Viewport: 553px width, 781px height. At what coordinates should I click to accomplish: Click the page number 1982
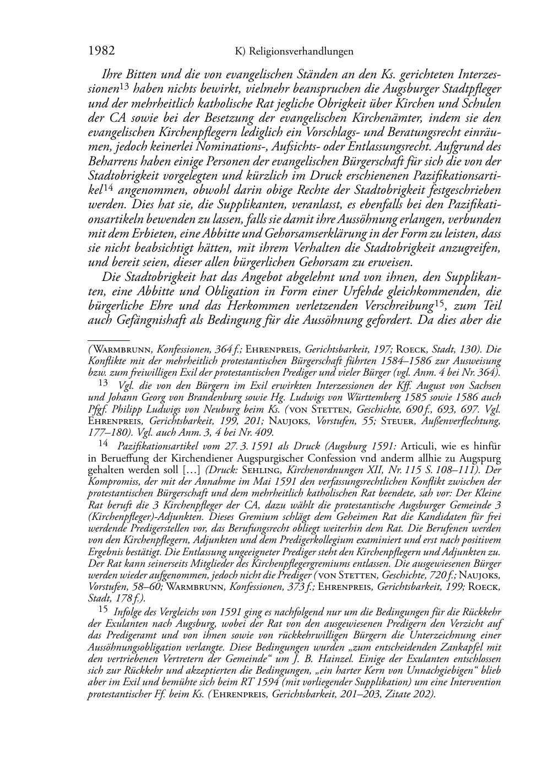point(101,51)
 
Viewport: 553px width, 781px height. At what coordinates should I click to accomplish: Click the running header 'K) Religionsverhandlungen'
point(294,52)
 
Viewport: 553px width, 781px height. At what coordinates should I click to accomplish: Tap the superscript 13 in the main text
point(124,86)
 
